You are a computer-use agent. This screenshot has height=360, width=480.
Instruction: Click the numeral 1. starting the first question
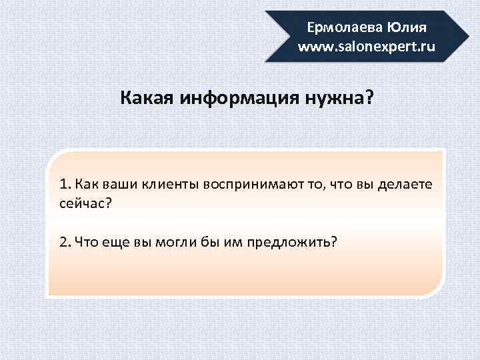[65, 184]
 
